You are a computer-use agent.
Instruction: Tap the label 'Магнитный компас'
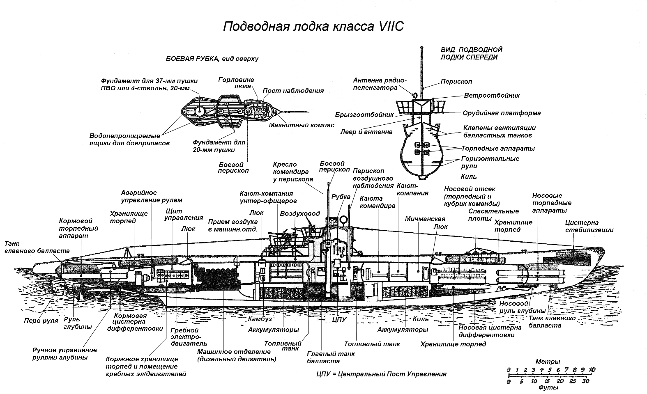[302, 125]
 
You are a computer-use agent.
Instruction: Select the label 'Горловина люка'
[236, 83]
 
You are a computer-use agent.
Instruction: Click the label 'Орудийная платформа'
[502, 113]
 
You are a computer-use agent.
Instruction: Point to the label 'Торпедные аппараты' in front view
[498, 148]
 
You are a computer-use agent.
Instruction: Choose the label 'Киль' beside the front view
[469, 176]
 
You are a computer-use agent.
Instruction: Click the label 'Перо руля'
[41, 321]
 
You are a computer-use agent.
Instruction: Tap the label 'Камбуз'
[260, 319]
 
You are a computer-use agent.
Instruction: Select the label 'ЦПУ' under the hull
[339, 320]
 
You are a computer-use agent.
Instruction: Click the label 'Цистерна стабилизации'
[589, 226]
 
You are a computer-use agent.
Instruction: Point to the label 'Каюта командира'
[378, 202]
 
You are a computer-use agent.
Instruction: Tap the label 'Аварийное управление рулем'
[152, 196]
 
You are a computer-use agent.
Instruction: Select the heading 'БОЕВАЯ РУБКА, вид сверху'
[212, 59]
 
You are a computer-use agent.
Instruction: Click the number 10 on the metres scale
[592, 370]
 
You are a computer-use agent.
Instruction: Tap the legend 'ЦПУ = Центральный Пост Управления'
[381, 374]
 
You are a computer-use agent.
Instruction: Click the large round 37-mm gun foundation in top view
[199, 111]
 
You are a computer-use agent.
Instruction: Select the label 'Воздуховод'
[300, 213]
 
